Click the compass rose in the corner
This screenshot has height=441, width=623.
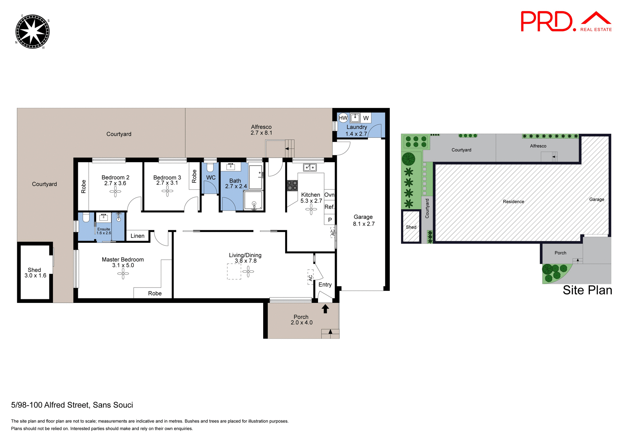click(32, 32)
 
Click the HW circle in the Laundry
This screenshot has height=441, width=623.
click(343, 118)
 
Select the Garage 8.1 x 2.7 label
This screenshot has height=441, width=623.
click(363, 220)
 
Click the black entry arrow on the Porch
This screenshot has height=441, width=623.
click(325, 308)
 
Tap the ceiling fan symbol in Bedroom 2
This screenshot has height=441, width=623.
click(115, 191)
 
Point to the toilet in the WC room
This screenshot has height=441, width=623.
click(210, 167)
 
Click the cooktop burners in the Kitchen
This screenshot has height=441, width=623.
click(292, 186)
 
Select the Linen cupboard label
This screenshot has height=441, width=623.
click(137, 236)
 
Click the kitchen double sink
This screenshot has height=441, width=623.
click(310, 167)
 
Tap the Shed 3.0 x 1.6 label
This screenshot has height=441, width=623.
click(35, 273)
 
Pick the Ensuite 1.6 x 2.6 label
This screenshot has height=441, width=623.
click(104, 231)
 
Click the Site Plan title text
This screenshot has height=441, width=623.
click(587, 290)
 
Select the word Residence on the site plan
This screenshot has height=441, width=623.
click(513, 201)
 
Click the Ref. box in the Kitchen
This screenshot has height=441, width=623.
click(329, 207)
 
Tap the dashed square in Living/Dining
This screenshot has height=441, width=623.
click(234, 271)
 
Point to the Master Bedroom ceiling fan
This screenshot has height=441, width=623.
click(123, 274)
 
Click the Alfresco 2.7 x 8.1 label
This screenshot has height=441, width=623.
click(261, 130)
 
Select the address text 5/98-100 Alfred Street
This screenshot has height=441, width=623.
click(72, 405)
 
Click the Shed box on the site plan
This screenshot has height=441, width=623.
click(411, 227)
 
